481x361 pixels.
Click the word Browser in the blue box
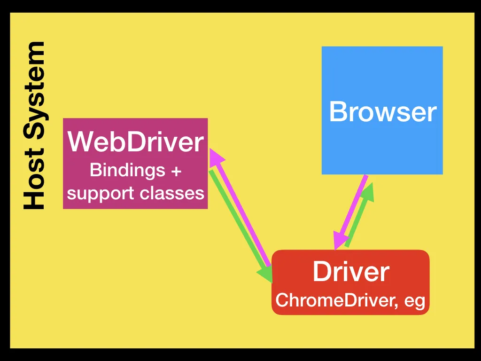(x=383, y=112)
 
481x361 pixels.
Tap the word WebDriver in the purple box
(x=136, y=142)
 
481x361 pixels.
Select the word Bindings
(x=121, y=170)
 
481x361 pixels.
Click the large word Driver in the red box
(x=351, y=272)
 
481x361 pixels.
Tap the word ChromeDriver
(x=334, y=300)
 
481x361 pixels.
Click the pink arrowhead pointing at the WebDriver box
(x=215, y=157)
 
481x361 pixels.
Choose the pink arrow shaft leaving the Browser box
(x=355, y=202)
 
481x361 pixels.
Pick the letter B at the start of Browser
(x=336, y=112)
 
